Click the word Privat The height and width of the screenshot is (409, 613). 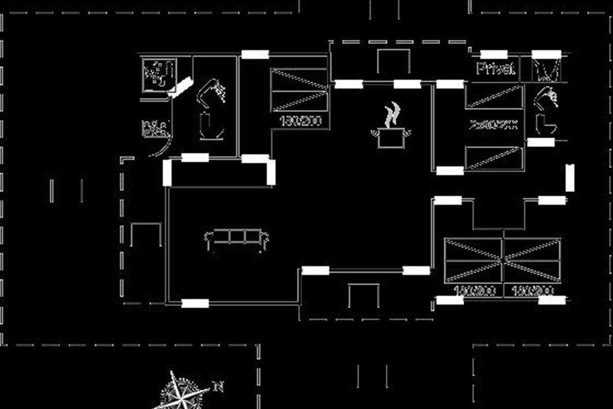coord(495,69)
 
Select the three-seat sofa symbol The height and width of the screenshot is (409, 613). coord(237,239)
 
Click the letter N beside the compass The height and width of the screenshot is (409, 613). coord(219,385)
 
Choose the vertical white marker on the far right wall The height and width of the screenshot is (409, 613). coord(570,177)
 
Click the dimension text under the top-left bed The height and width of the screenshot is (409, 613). coord(299,121)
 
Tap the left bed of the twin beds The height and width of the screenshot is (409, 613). coord(474,260)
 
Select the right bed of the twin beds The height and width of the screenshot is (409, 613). coord(532,260)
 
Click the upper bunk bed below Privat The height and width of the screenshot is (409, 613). coord(494,97)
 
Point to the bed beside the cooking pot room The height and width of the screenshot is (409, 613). coord(299,90)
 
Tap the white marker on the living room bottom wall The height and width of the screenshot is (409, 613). coord(195,303)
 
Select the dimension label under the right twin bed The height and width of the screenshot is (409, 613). coord(532,291)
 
